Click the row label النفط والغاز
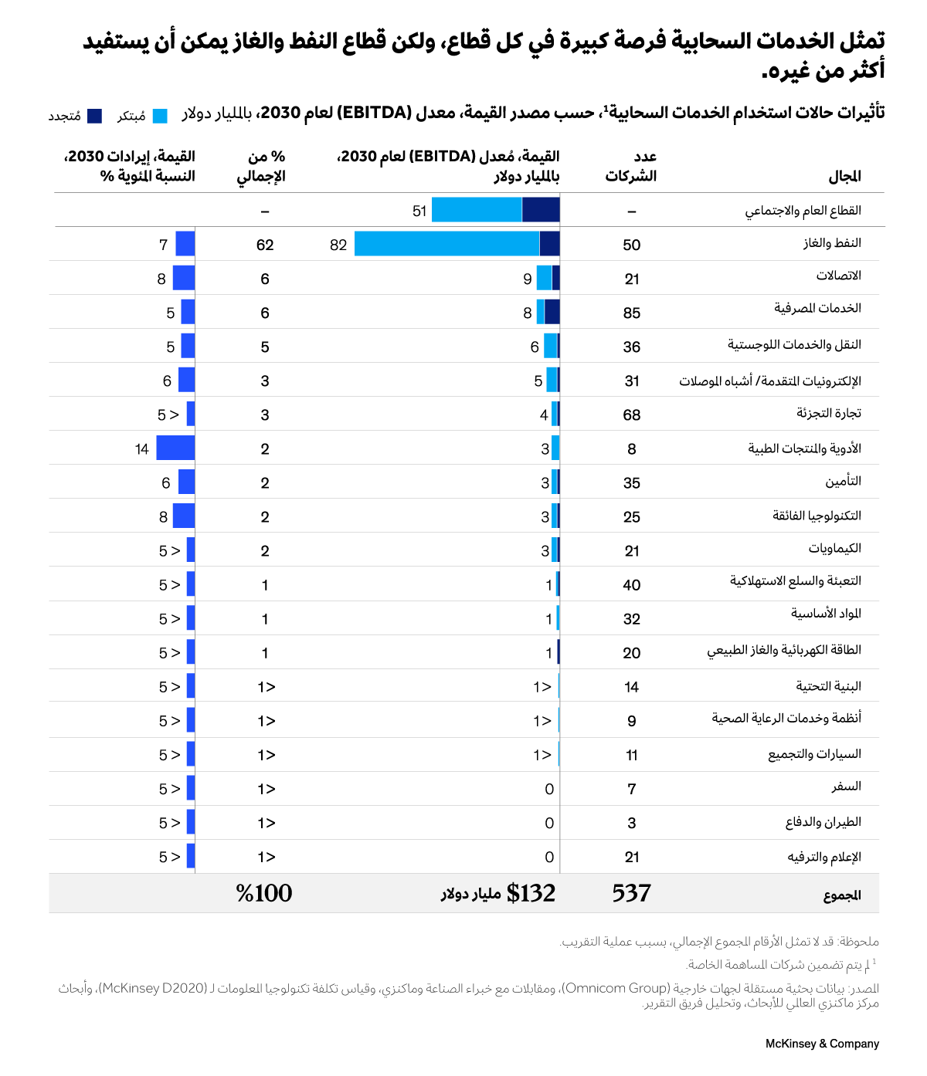[831, 243]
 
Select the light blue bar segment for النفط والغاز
[447, 244]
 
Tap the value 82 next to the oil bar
[338, 245]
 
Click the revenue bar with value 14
[175, 448]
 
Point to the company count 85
[631, 313]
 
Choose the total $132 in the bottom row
[531, 893]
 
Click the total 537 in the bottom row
[631, 893]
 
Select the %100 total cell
[264, 893]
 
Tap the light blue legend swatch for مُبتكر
[160, 116]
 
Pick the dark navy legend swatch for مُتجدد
[94, 116]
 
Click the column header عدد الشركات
[631, 166]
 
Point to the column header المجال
[844, 176]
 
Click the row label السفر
[846, 787]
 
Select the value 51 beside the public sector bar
[419, 211]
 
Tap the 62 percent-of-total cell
[265, 245]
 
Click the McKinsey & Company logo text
[822, 1044]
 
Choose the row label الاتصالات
[838, 276]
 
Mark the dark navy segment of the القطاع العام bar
[541, 210]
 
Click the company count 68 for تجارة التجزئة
[631, 414]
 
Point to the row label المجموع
[841, 895]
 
